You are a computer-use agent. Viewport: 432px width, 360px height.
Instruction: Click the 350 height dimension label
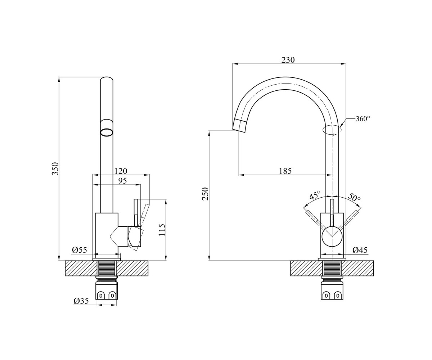tap(55, 169)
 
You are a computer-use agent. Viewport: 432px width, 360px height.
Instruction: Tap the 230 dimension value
tap(288, 60)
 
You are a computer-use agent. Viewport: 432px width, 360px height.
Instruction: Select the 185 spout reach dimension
tap(285, 171)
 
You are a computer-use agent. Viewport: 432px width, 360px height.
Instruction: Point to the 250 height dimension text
tap(205, 194)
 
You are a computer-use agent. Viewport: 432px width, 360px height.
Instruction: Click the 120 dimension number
tap(121, 171)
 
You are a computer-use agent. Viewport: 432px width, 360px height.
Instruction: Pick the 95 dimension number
tap(122, 181)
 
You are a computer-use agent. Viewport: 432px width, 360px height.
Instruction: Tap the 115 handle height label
tap(162, 230)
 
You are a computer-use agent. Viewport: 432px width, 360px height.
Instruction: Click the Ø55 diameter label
tap(80, 250)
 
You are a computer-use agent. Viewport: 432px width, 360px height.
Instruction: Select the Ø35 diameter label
tap(81, 301)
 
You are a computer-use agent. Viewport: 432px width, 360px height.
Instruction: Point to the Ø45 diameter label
tap(360, 250)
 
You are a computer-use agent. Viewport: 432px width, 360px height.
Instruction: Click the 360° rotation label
tap(363, 119)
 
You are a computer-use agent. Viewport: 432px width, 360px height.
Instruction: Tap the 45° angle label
tap(315, 195)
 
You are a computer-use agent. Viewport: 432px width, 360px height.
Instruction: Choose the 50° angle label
tap(354, 197)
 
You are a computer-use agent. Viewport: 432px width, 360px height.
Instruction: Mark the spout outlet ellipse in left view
tap(107, 132)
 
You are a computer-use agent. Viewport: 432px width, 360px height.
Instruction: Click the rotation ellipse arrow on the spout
tap(332, 130)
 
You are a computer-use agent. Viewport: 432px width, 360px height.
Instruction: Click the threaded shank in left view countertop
tap(107, 269)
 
